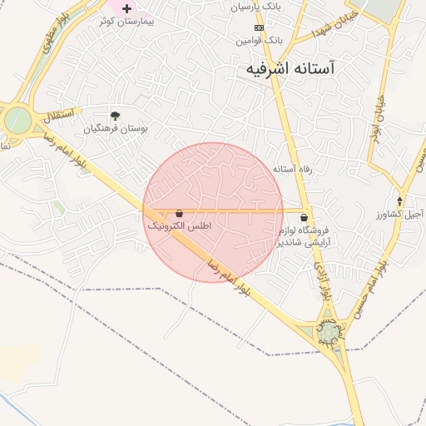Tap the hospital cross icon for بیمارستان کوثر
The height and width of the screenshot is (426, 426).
coord(126,7)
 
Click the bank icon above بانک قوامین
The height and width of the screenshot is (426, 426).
coord(259,27)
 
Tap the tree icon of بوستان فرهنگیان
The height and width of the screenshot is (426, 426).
coord(115,116)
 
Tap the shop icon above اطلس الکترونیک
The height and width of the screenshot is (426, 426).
coord(180,213)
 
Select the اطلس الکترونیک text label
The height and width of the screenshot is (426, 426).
coord(180,226)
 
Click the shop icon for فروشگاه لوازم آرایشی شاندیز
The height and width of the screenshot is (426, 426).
coord(303,216)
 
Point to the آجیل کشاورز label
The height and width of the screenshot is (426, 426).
coord(399,215)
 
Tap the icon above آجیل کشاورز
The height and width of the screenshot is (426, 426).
coord(399,201)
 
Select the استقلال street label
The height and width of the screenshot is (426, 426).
coord(57,112)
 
